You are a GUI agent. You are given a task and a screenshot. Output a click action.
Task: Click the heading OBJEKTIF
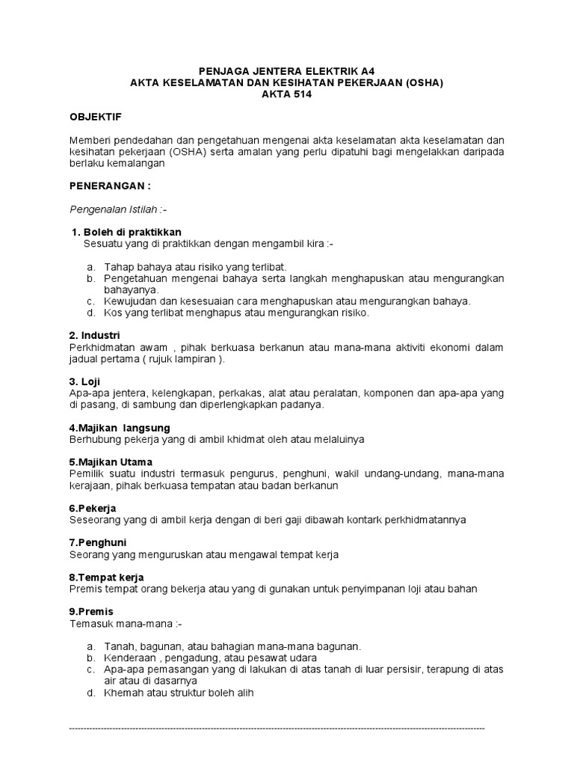(x=95, y=117)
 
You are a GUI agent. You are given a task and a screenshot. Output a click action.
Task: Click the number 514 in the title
(x=297, y=94)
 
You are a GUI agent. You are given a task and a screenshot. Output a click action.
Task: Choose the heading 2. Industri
(x=94, y=335)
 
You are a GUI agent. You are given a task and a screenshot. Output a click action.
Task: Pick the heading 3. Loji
(x=84, y=381)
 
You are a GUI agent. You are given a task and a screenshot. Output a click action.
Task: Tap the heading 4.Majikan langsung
(x=120, y=427)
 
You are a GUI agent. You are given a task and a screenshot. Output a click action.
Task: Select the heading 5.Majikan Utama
(x=111, y=462)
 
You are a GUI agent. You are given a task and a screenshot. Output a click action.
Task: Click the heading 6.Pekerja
(x=93, y=508)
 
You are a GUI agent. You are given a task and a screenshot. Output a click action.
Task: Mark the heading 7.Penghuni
(x=97, y=542)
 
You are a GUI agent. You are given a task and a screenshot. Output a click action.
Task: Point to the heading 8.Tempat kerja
(x=106, y=577)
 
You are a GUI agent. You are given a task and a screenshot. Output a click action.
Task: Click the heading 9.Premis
(x=91, y=611)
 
